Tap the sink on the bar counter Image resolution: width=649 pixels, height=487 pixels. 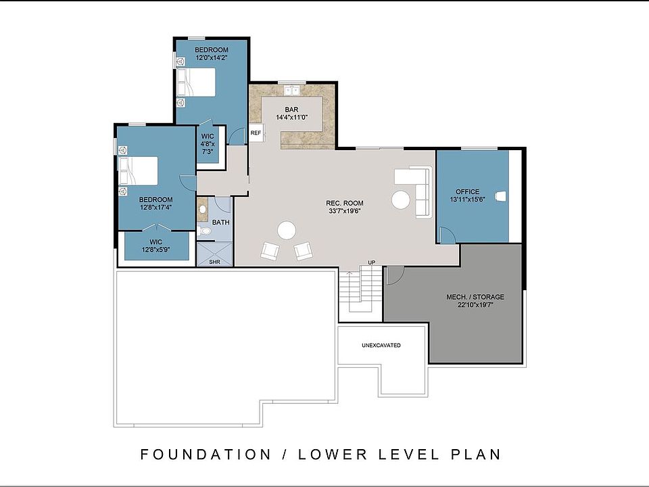point(292,89)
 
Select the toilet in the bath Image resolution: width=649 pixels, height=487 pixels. point(203,231)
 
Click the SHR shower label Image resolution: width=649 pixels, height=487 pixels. point(214,262)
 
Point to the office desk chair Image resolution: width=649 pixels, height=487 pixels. point(500,196)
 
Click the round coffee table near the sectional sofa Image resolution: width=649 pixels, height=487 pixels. point(401,200)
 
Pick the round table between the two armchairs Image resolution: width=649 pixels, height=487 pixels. point(287,230)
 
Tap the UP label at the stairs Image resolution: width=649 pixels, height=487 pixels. point(372,262)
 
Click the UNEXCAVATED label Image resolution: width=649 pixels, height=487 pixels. point(381,345)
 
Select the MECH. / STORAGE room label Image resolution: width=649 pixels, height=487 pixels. point(475,297)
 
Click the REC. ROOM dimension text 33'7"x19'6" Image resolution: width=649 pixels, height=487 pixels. point(345,211)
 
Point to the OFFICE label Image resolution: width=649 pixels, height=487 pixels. point(467,191)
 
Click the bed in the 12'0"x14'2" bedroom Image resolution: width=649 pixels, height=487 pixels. point(196,83)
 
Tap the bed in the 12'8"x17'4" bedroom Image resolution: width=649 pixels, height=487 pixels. point(138,170)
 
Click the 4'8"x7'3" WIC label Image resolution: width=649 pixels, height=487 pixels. point(208,143)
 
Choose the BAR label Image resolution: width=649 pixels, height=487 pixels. point(291,110)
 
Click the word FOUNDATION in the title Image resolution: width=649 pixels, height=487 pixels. point(206,455)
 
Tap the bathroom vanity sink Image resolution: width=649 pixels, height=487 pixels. point(202,209)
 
